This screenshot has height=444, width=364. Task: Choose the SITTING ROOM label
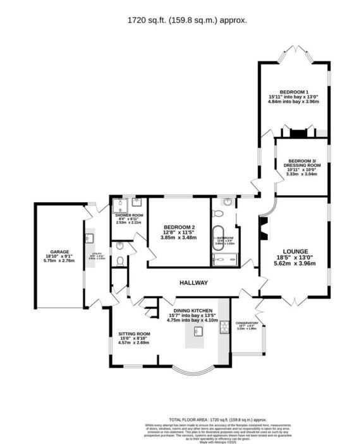coord(134,333)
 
